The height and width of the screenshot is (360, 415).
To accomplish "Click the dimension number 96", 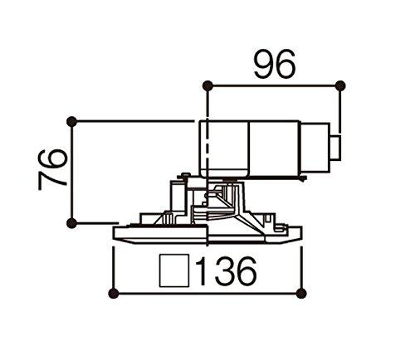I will point(275,66).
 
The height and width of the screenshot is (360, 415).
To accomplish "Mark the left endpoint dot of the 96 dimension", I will point(208,85).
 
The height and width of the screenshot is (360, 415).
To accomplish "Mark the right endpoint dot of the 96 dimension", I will point(340,85).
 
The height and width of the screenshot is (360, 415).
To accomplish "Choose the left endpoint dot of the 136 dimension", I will point(114,291).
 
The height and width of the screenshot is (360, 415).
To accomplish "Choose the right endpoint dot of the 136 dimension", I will point(300,291).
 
